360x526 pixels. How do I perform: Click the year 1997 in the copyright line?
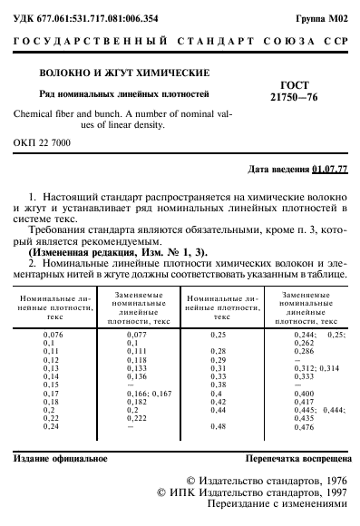click(x=335, y=492)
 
